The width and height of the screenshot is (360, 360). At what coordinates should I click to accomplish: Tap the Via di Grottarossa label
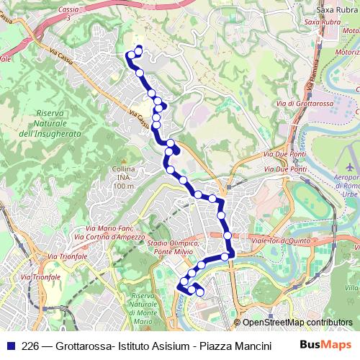pyautogui.click(x=304, y=104)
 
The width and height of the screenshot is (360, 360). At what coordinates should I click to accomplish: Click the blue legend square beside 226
pyautogui.click(x=10, y=345)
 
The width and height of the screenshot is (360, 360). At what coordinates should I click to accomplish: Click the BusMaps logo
pyautogui.click(x=326, y=345)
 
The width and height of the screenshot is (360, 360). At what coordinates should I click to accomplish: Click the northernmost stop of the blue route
pyautogui.click(x=138, y=50)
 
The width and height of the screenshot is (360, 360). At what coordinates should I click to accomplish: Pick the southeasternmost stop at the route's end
pyautogui.click(x=200, y=292)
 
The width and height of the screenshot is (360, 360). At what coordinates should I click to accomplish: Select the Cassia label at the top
pyautogui.click(x=69, y=9)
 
